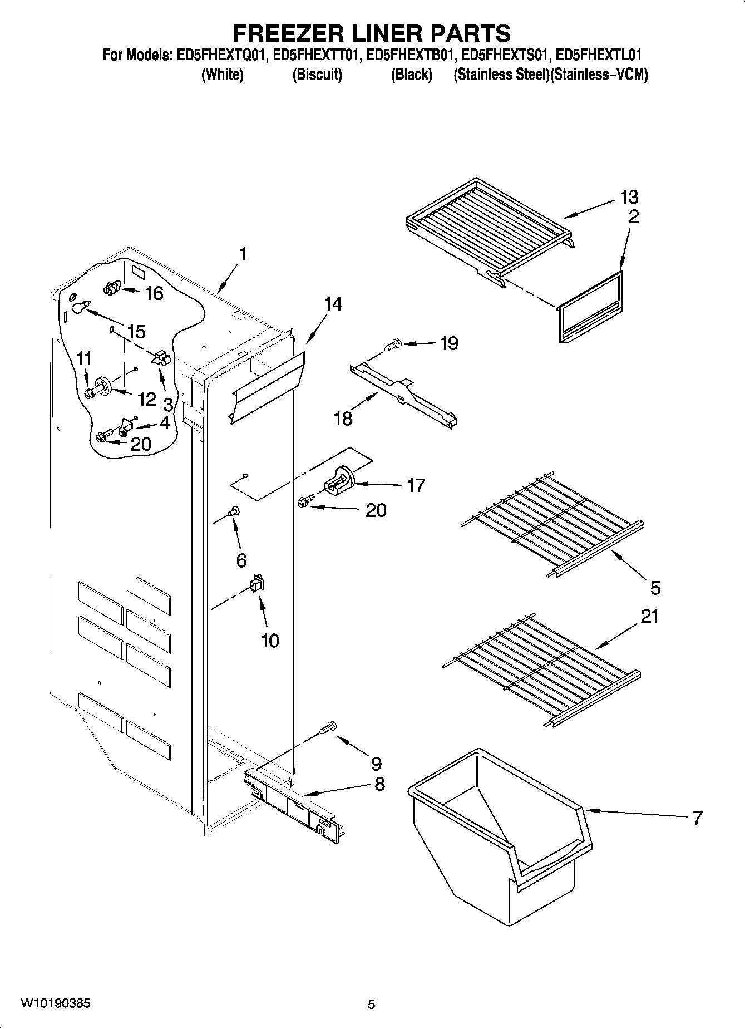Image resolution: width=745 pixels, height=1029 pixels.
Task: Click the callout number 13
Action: pos(629,197)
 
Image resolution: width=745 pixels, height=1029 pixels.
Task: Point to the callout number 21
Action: pos(649,617)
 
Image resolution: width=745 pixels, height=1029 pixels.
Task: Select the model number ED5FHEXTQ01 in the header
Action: pos(221,56)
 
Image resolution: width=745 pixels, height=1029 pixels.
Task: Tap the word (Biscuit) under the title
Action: pos(317,75)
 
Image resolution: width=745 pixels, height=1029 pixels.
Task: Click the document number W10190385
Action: pos(56,1003)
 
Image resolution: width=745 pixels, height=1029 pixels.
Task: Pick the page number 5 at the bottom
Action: pos(372,1005)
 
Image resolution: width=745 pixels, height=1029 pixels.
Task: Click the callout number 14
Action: pos(333,304)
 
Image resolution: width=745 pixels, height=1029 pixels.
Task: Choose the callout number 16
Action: pos(154,293)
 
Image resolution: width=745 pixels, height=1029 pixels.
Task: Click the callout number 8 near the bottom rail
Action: pos(379,784)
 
